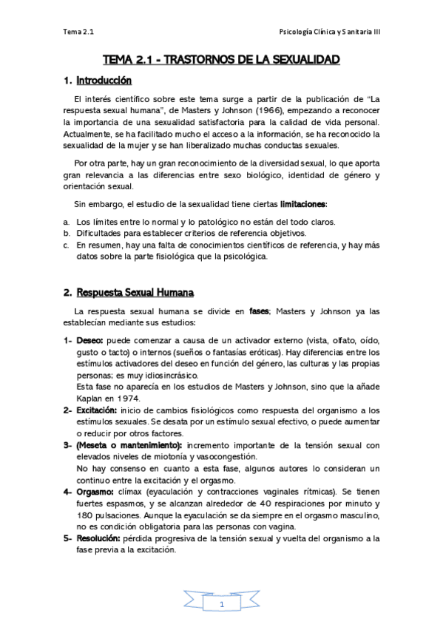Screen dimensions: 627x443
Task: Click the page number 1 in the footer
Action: (221, 604)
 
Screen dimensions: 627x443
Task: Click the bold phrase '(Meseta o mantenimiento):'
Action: (129, 445)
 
